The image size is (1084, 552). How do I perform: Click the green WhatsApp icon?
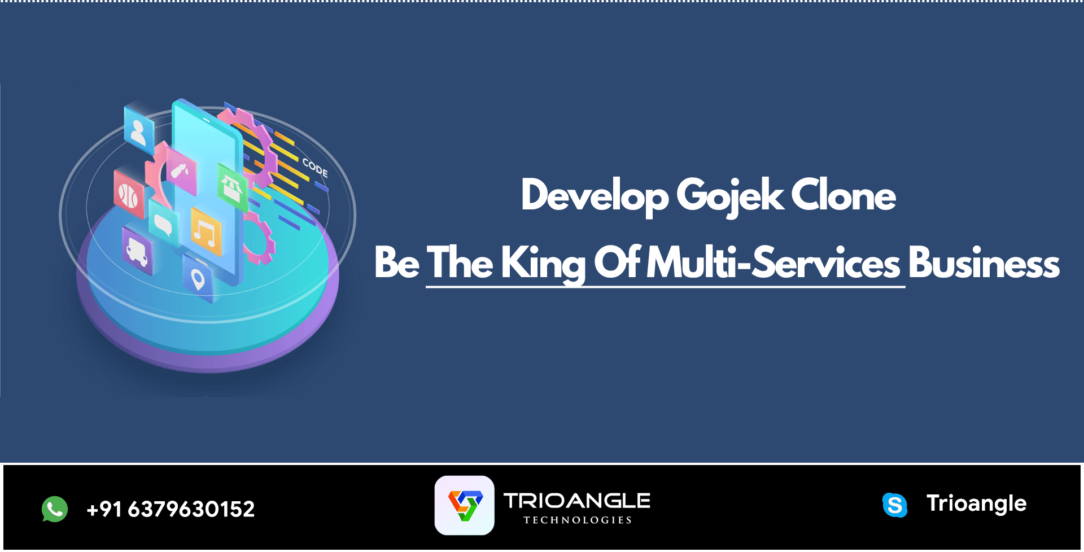tap(55, 509)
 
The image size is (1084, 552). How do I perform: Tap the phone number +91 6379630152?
tap(171, 509)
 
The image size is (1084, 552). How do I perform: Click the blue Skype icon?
tap(895, 505)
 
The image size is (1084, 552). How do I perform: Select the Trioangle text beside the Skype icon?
tap(976, 503)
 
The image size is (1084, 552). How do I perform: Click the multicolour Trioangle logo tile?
tap(465, 505)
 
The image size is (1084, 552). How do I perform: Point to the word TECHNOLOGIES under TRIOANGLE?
tap(578, 520)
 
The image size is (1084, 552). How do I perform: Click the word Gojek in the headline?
tap(729, 196)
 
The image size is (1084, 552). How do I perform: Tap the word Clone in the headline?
tap(843, 195)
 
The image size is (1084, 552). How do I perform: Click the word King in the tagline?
tap(543, 264)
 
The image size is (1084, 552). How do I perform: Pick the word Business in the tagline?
tap(984, 262)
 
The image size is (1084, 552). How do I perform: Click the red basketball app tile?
tap(129, 194)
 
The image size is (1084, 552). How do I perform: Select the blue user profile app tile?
tap(139, 130)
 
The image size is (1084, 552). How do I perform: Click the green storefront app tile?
tap(232, 187)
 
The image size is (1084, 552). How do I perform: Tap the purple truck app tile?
tap(137, 251)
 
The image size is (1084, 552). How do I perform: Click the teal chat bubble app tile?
tap(164, 223)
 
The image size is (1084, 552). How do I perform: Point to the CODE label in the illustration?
tap(315, 167)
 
